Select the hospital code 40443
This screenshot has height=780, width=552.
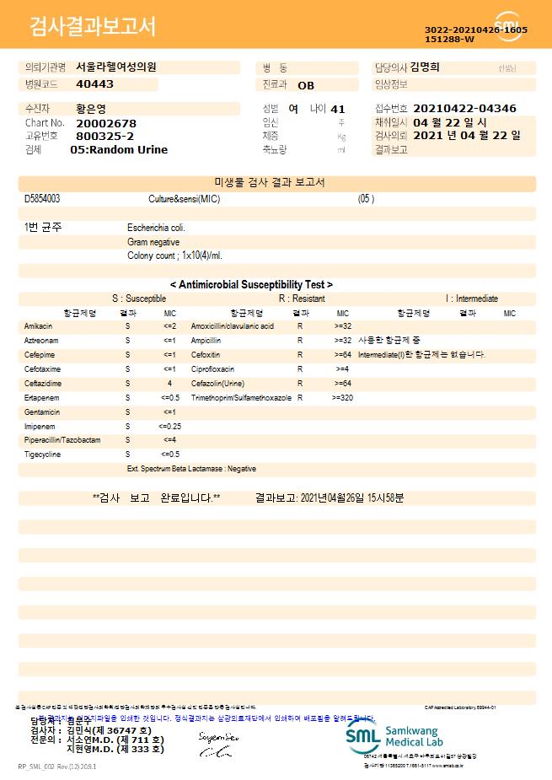pyautogui.click(x=94, y=84)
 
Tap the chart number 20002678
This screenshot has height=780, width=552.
pyautogui.click(x=105, y=123)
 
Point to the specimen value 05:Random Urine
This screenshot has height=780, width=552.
pyautogui.click(x=119, y=149)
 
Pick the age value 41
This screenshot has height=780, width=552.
pyautogui.click(x=338, y=109)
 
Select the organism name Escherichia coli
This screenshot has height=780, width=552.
pyautogui.click(x=156, y=228)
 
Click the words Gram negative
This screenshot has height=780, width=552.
pyautogui.click(x=153, y=242)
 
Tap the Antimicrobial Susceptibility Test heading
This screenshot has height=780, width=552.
pyautogui.click(x=251, y=285)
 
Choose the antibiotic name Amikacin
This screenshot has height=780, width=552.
pyautogui.click(x=39, y=325)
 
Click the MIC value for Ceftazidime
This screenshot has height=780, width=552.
pyautogui.click(x=169, y=383)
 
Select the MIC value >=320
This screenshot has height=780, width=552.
pyautogui.click(x=343, y=397)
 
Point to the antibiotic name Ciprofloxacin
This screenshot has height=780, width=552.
pyautogui.click(x=212, y=368)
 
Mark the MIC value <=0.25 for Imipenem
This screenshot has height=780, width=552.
pyautogui.click(x=169, y=426)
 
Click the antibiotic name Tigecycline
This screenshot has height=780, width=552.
pyautogui.click(x=43, y=455)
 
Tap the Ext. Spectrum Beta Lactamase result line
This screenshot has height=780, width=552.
pyautogui.click(x=191, y=469)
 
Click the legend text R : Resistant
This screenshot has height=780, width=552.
pyautogui.click(x=302, y=299)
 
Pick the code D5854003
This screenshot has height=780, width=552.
pyautogui.click(x=42, y=198)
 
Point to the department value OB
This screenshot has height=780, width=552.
pyautogui.click(x=306, y=85)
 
